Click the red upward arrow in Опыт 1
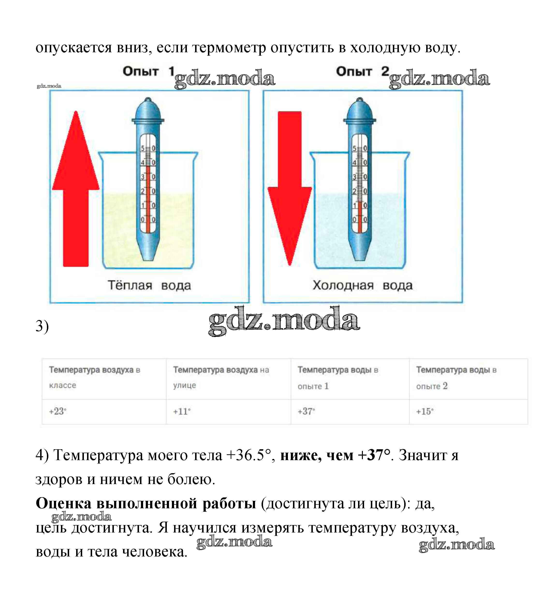(76, 191)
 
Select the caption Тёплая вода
(149, 285)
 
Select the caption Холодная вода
(362, 285)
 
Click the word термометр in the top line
(229, 48)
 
